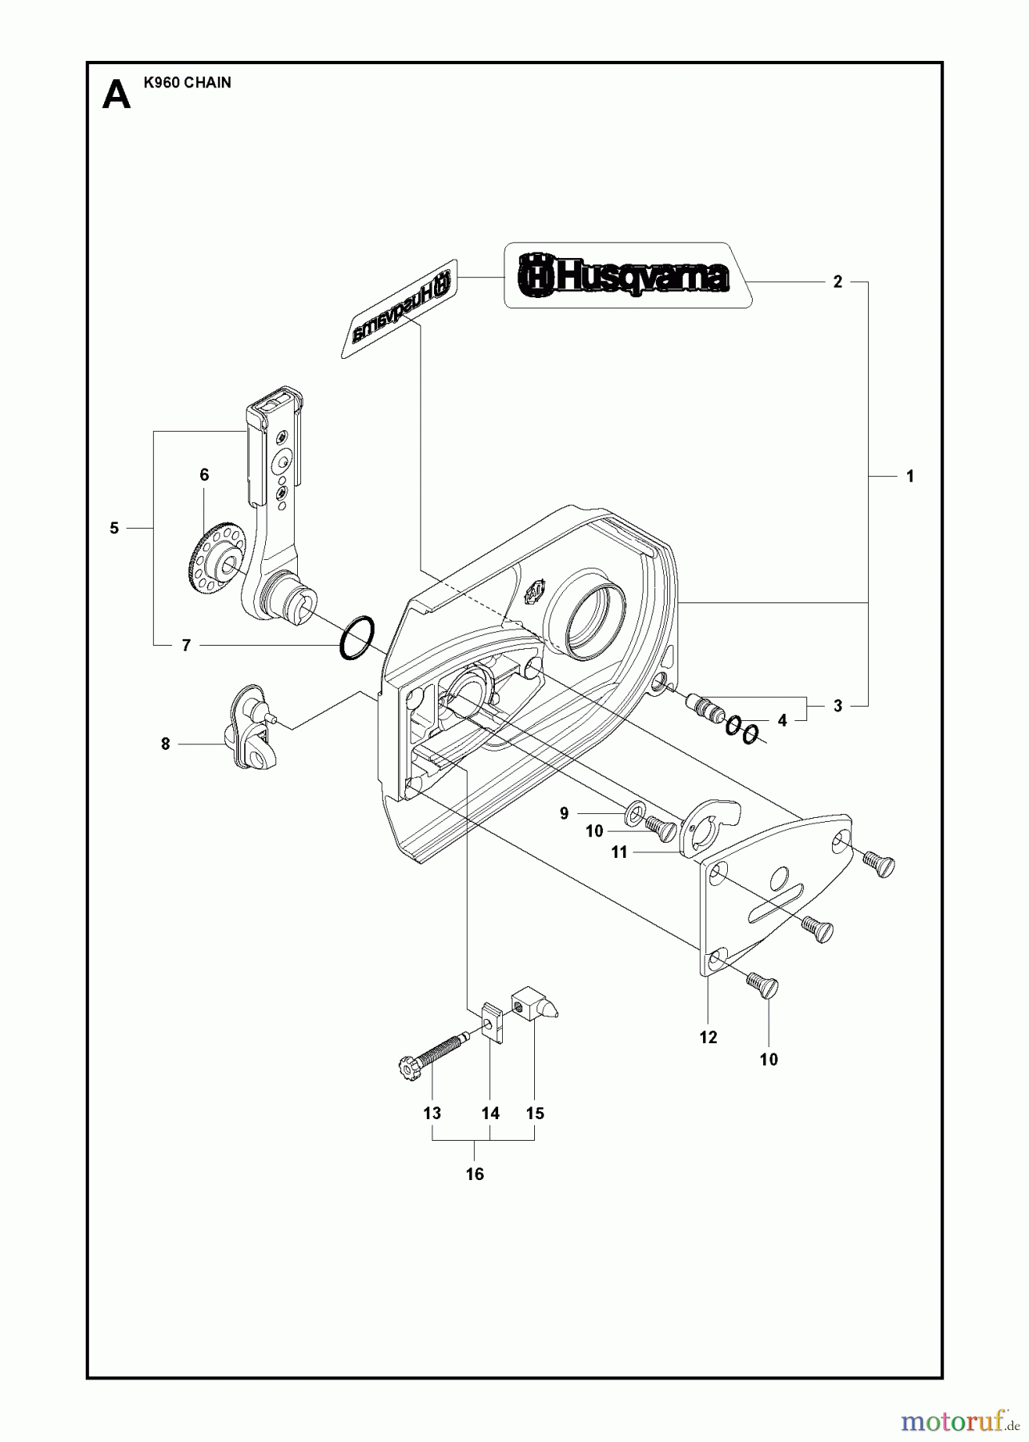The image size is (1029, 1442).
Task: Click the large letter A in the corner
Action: coord(117,96)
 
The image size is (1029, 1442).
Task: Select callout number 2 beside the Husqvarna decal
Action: coord(838,282)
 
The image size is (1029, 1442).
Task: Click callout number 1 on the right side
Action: coord(910,476)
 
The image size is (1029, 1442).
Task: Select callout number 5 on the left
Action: coord(114,528)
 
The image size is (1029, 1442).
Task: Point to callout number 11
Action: coord(619,853)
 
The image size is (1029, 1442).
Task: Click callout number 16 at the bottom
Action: coord(475,1174)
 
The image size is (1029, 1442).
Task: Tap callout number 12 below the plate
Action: coord(708,1037)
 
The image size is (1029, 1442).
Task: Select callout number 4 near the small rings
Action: coord(782,720)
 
